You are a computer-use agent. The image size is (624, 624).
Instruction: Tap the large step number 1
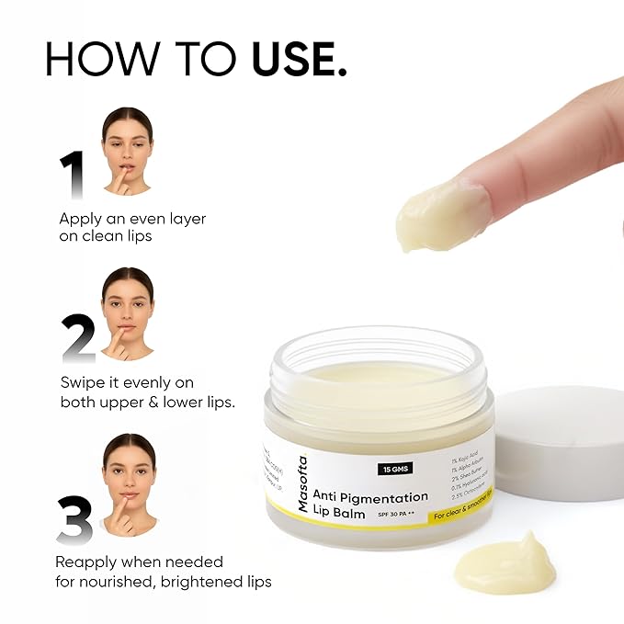(x=72, y=175)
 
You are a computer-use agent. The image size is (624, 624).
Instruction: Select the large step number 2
(x=78, y=336)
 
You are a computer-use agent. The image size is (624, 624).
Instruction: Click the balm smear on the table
(x=505, y=562)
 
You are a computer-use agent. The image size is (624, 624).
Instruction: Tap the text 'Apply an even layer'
(x=132, y=219)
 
